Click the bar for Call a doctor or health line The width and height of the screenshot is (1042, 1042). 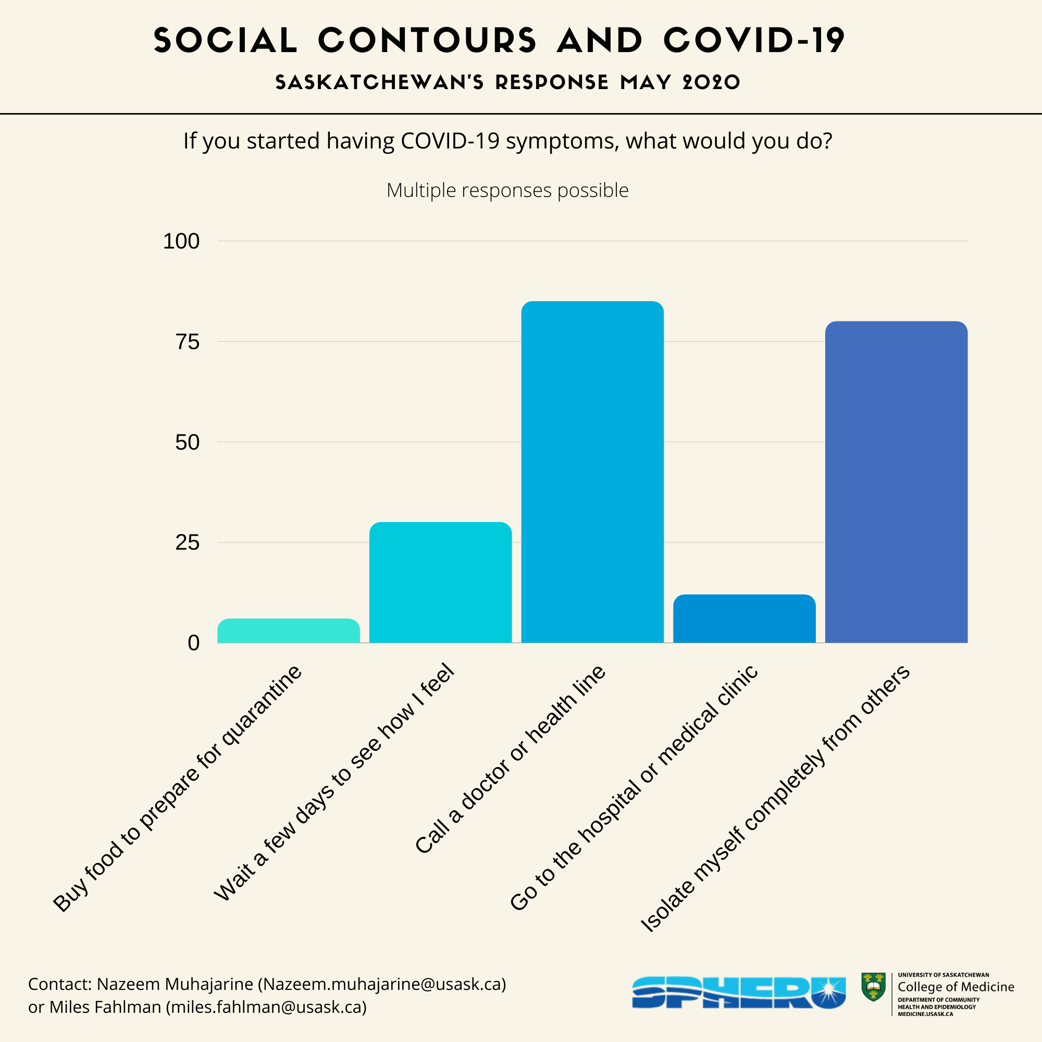point(592,472)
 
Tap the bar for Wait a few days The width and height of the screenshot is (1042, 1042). point(440,582)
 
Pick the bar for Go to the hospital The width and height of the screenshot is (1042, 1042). point(745,618)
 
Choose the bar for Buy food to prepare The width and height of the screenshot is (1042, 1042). point(289,630)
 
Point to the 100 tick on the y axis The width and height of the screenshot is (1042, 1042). point(181,241)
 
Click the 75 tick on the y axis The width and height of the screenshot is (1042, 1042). point(187,341)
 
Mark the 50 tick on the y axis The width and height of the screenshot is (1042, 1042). point(187,442)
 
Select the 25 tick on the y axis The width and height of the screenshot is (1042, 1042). point(187,542)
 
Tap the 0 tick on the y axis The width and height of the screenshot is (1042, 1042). point(194,643)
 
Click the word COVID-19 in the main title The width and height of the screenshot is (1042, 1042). point(754,41)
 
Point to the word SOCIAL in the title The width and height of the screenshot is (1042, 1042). point(226,41)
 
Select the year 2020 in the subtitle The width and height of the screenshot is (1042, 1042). point(711,82)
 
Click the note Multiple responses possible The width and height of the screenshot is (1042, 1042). point(507,190)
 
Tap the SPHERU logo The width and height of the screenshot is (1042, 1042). point(738,993)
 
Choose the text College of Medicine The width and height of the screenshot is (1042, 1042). point(956,986)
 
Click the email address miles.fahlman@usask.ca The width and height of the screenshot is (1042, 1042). point(266,1007)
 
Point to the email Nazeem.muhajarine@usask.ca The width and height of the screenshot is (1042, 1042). point(382,984)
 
